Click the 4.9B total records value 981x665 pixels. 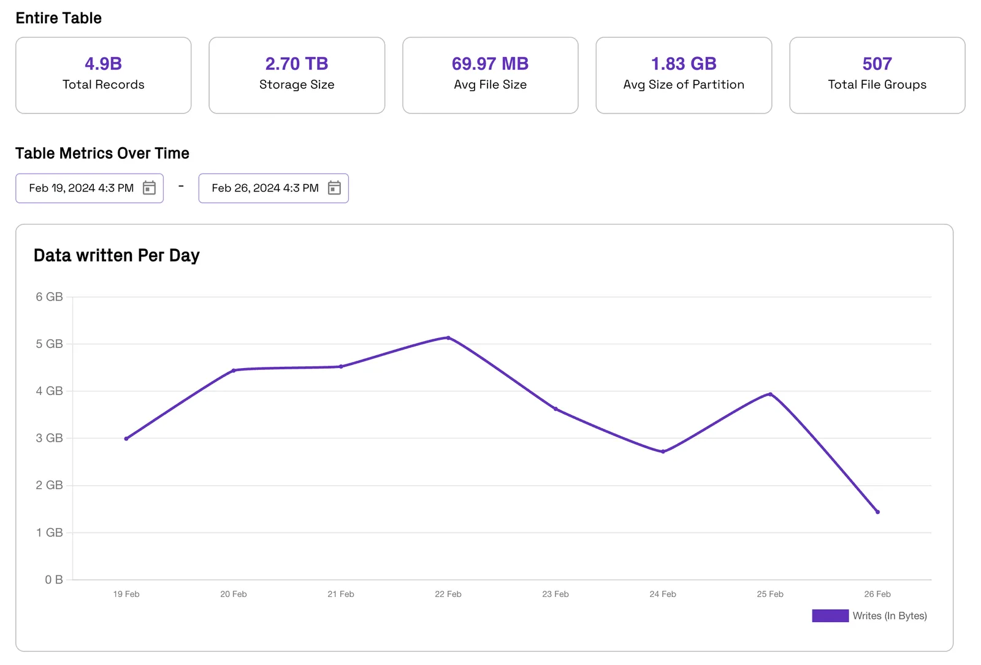click(104, 64)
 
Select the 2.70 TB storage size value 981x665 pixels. click(297, 64)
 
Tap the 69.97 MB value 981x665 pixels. click(490, 64)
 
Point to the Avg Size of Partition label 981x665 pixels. click(684, 85)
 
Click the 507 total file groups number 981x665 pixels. click(877, 64)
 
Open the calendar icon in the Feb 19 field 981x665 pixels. click(150, 188)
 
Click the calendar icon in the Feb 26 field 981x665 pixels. click(334, 188)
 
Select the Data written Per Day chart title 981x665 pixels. click(116, 255)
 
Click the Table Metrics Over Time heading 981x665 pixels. click(102, 153)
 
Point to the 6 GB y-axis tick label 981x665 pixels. click(50, 297)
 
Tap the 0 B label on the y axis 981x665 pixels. click(54, 580)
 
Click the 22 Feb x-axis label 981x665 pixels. click(448, 594)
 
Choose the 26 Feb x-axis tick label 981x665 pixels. click(877, 594)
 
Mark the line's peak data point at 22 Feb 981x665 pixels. click(448, 338)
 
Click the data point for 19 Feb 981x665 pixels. click(126, 439)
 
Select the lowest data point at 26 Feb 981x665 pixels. click(877, 512)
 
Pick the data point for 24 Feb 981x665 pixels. click(663, 452)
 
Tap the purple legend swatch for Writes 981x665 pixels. click(830, 615)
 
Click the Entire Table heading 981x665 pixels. click(59, 18)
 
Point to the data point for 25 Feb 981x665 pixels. click(770, 394)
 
